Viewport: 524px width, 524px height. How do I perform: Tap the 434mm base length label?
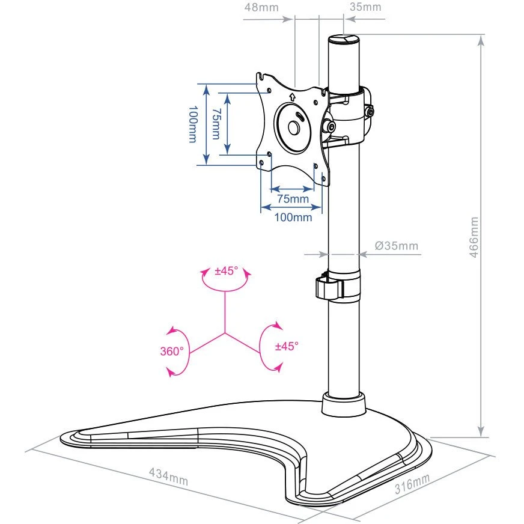168,475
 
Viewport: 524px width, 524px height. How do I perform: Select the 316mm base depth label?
413,484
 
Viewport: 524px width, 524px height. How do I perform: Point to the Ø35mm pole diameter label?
396,246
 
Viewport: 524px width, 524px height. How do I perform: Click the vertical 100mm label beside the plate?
192,124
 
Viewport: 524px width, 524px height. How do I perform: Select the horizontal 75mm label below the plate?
293,199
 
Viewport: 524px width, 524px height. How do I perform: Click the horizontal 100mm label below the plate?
293,217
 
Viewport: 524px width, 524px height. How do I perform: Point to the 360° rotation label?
172,351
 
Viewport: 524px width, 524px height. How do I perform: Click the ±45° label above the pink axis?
227,270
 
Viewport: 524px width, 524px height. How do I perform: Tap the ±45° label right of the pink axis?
287,346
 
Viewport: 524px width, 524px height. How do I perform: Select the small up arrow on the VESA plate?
292,96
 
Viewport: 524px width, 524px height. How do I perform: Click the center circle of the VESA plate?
293,128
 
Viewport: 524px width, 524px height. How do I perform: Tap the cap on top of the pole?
343,40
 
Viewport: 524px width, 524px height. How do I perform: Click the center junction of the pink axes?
225,332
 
